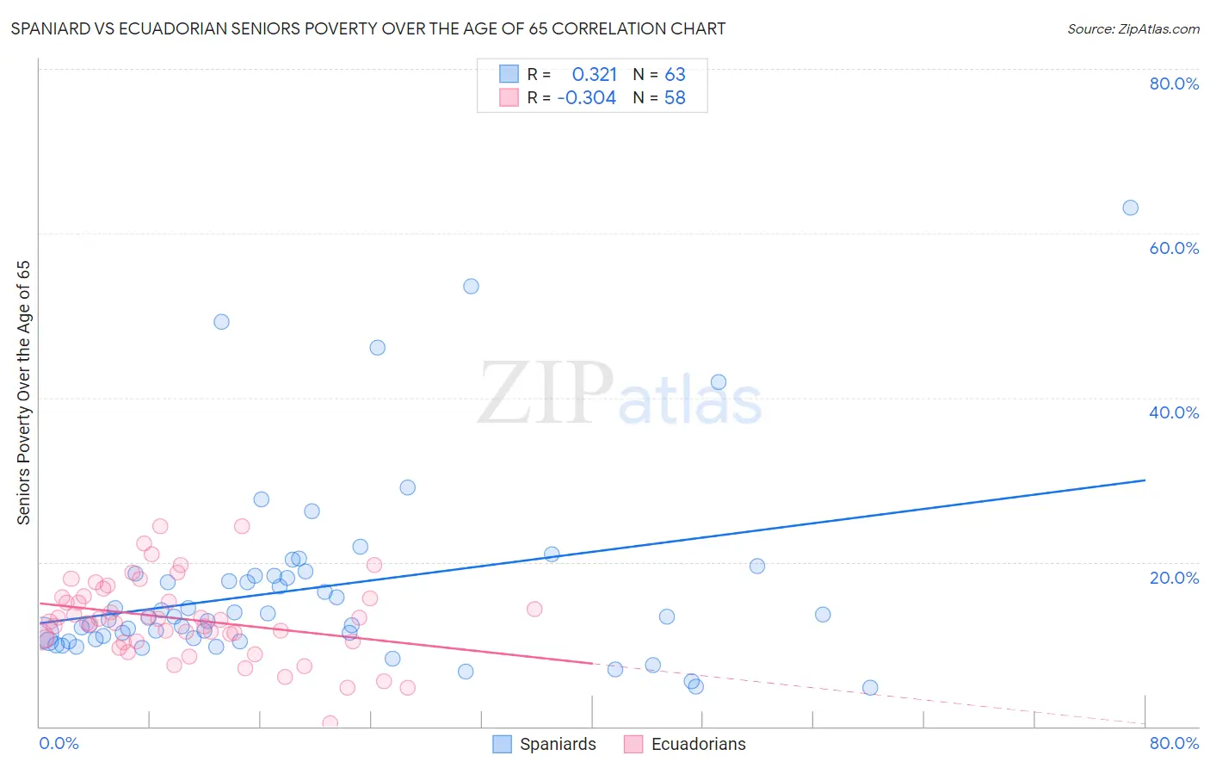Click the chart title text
[x=368, y=28]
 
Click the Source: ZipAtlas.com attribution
[x=1133, y=28]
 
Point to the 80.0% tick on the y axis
[x=1174, y=84]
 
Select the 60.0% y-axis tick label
[x=1174, y=248]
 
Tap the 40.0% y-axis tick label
[x=1174, y=412]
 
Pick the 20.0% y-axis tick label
[x=1174, y=578]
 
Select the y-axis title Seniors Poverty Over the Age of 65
[x=24, y=393]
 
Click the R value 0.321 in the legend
[x=595, y=75]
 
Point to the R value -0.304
[x=587, y=98]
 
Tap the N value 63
[x=675, y=75]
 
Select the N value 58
[x=675, y=98]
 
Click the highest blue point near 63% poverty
[x=1130, y=207]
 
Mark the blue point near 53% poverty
[x=471, y=286]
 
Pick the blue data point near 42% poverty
[x=719, y=382]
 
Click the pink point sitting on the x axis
[x=330, y=723]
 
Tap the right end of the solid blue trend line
[x=1145, y=480]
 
